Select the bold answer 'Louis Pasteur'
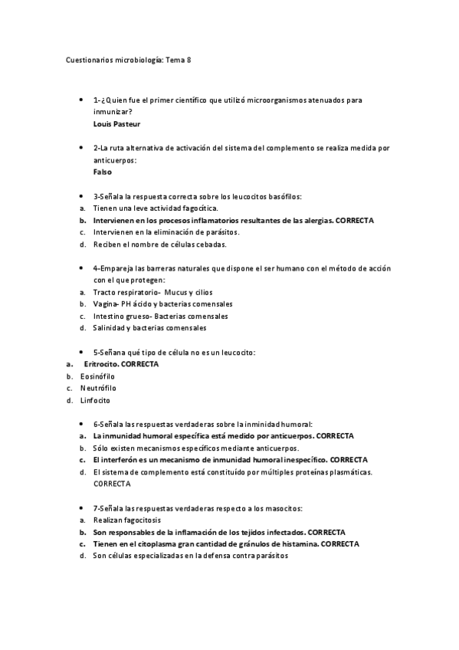point(116,123)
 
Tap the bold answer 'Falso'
point(103,172)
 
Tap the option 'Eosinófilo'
point(97,376)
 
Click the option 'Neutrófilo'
point(97,388)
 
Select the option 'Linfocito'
point(95,400)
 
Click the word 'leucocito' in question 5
point(236,352)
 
